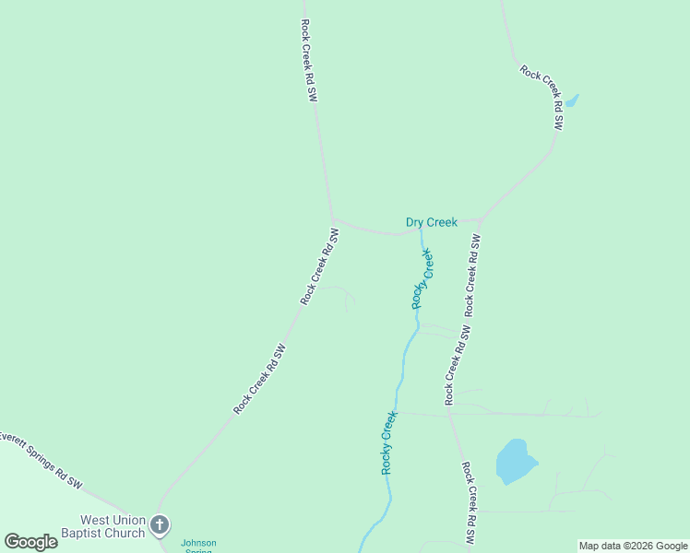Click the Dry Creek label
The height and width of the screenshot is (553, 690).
click(x=431, y=222)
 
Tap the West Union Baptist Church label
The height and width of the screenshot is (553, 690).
click(x=113, y=526)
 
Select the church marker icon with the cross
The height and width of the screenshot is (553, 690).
click(x=160, y=526)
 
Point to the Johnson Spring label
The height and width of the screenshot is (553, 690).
click(x=198, y=546)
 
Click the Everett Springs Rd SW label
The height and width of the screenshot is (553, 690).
click(x=41, y=458)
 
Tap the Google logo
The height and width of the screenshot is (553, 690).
click(x=30, y=542)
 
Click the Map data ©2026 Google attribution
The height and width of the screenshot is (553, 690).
click(x=634, y=546)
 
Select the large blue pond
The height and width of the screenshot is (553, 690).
click(x=515, y=461)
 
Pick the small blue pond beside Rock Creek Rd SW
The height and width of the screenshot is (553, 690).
click(x=571, y=100)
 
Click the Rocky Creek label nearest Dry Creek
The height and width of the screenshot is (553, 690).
click(x=422, y=278)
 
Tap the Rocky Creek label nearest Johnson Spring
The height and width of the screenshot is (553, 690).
click(x=388, y=442)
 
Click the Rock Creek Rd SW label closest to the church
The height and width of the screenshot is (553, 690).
click(x=260, y=378)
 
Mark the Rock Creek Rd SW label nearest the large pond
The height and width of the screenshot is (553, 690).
click(x=470, y=502)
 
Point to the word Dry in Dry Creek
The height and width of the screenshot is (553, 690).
click(x=414, y=222)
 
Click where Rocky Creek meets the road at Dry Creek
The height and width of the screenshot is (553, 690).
click(x=422, y=231)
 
